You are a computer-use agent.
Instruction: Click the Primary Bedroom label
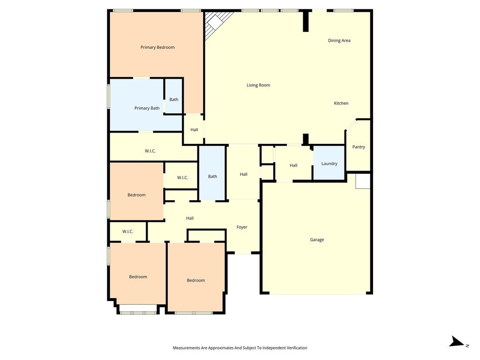pyautogui.click(x=157, y=47)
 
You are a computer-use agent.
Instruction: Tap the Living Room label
pyautogui.click(x=258, y=85)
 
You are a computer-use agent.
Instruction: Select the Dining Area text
pyautogui.click(x=339, y=40)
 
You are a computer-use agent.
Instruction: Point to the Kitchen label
pyautogui.click(x=341, y=103)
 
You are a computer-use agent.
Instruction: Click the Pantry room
pyautogui.click(x=358, y=146)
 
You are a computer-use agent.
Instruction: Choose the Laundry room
pyautogui.click(x=329, y=163)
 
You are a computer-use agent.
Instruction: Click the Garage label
pyautogui.click(x=317, y=240)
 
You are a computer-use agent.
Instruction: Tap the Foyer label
pyautogui.click(x=242, y=227)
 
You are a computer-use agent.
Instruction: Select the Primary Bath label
pyautogui.click(x=147, y=108)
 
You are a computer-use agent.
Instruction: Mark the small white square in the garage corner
pyautogui.click(x=363, y=181)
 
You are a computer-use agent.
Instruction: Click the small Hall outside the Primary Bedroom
pyautogui.click(x=194, y=129)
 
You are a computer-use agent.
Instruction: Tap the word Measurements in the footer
pyautogui.click(x=186, y=348)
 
